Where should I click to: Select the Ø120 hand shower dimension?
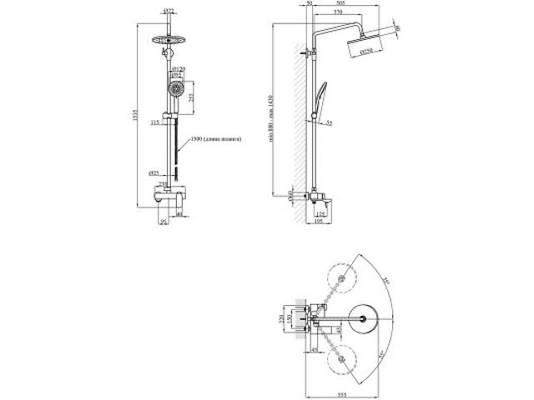(178, 69)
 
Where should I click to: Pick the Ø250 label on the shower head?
(366, 52)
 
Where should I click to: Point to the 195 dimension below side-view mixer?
(320, 221)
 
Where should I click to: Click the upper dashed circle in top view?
(341, 277)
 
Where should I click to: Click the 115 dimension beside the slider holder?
(154, 122)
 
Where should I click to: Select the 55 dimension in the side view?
(330, 122)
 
